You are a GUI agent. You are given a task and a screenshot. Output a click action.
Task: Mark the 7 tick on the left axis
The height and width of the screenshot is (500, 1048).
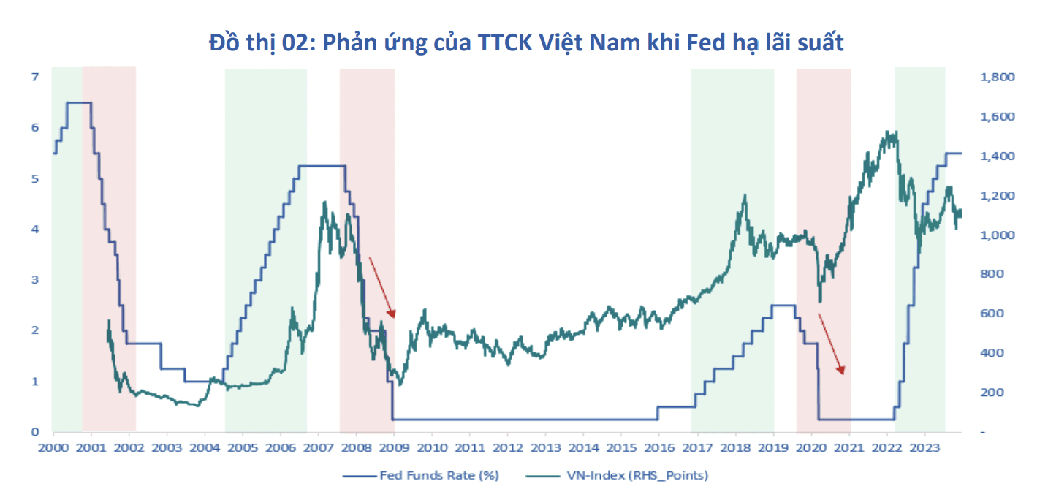click(34, 77)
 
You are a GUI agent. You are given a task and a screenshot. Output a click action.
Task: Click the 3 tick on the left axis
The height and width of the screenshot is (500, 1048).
click(34, 280)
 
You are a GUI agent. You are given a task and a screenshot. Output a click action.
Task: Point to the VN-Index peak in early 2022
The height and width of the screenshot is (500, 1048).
click(887, 134)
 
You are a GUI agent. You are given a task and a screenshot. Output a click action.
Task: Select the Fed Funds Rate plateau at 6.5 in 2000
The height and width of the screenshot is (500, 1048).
click(79, 102)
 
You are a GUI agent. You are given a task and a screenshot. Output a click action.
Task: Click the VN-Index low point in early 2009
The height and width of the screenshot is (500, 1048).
click(398, 384)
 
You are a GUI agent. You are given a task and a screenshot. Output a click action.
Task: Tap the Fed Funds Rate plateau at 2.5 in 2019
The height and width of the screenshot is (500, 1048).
click(784, 305)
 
